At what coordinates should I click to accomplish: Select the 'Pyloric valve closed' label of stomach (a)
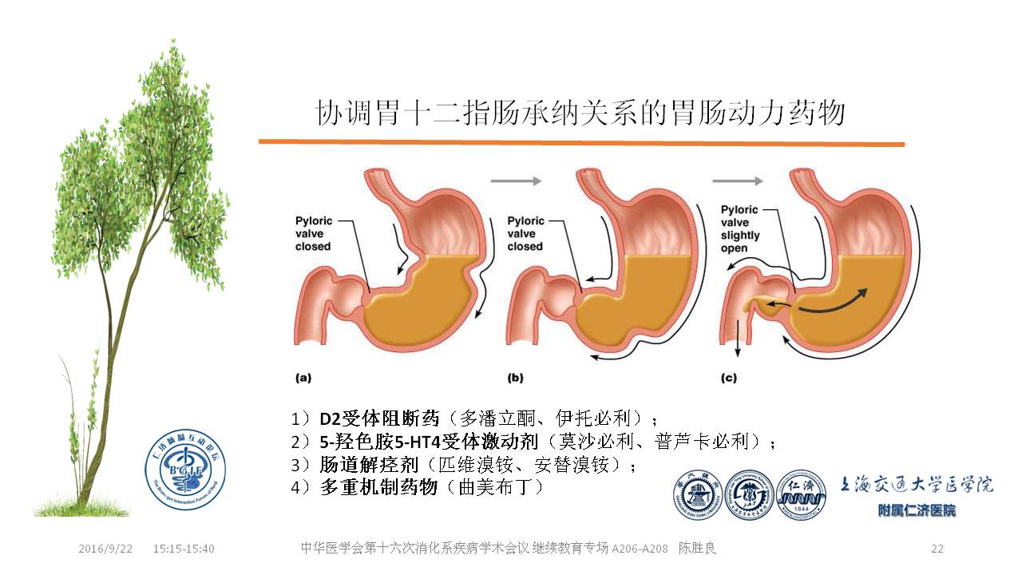point(313,233)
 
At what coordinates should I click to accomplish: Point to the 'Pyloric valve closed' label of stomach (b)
point(525,233)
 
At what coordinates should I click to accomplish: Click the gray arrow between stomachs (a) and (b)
point(515,181)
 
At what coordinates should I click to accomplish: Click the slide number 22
point(937,549)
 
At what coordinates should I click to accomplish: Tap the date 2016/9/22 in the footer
point(105,549)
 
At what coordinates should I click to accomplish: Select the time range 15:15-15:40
point(184,549)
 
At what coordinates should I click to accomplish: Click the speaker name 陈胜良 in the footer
point(703,549)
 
